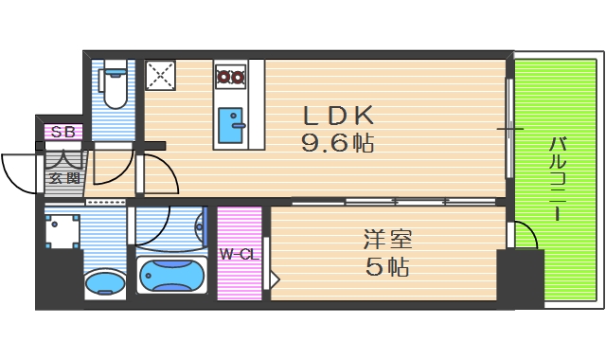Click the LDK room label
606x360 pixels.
(x=338, y=116)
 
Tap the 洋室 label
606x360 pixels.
(x=386, y=239)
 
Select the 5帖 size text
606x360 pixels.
(x=386, y=267)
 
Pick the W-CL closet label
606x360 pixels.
(x=239, y=254)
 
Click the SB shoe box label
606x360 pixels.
(x=63, y=132)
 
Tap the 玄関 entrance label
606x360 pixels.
(x=64, y=177)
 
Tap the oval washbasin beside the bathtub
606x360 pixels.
(x=104, y=282)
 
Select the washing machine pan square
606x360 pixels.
(x=61, y=230)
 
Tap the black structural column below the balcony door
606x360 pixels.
(x=520, y=279)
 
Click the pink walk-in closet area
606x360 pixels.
(x=240, y=275)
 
